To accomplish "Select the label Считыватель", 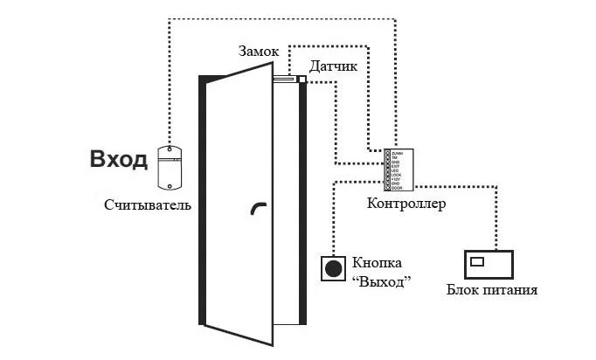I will tap(146, 205).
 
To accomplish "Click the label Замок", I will tap(259, 52).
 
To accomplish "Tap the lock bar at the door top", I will tap(284, 80).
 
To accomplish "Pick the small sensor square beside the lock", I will tap(301, 80).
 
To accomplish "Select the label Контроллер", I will tap(407, 204).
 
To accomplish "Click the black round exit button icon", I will tap(333, 268).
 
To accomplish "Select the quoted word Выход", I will tap(380, 280).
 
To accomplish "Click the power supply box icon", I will tap(489, 264).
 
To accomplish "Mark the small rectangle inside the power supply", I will tap(477, 260).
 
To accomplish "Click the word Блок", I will tap(463, 289).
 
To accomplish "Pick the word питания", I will tap(509, 289).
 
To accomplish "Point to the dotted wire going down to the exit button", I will tap(333, 218).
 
